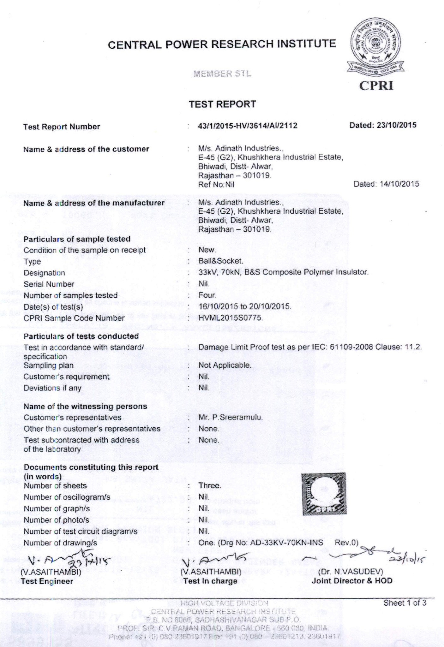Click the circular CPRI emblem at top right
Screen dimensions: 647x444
click(x=376, y=43)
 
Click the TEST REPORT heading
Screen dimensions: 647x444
click(x=222, y=104)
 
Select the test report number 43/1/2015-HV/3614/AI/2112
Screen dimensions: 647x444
click(x=248, y=126)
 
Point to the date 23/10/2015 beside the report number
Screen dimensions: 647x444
click(x=383, y=125)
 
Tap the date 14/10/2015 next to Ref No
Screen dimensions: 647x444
click(x=386, y=184)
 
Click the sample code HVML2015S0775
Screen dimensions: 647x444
click(x=230, y=318)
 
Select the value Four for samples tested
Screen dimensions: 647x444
click(x=207, y=295)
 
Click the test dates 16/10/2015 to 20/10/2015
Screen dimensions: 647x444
click(x=245, y=306)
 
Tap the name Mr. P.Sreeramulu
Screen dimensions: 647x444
click(x=231, y=417)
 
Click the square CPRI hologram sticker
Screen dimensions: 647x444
click(x=324, y=494)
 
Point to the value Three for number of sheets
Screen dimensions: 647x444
click(x=210, y=485)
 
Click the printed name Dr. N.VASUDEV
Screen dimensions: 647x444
click(x=351, y=572)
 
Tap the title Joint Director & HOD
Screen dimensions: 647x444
click(x=352, y=581)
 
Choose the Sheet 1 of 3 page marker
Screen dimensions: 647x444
click(x=405, y=603)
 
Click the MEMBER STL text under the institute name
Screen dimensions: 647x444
click(x=222, y=74)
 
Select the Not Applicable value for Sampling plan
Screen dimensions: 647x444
click(x=225, y=365)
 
